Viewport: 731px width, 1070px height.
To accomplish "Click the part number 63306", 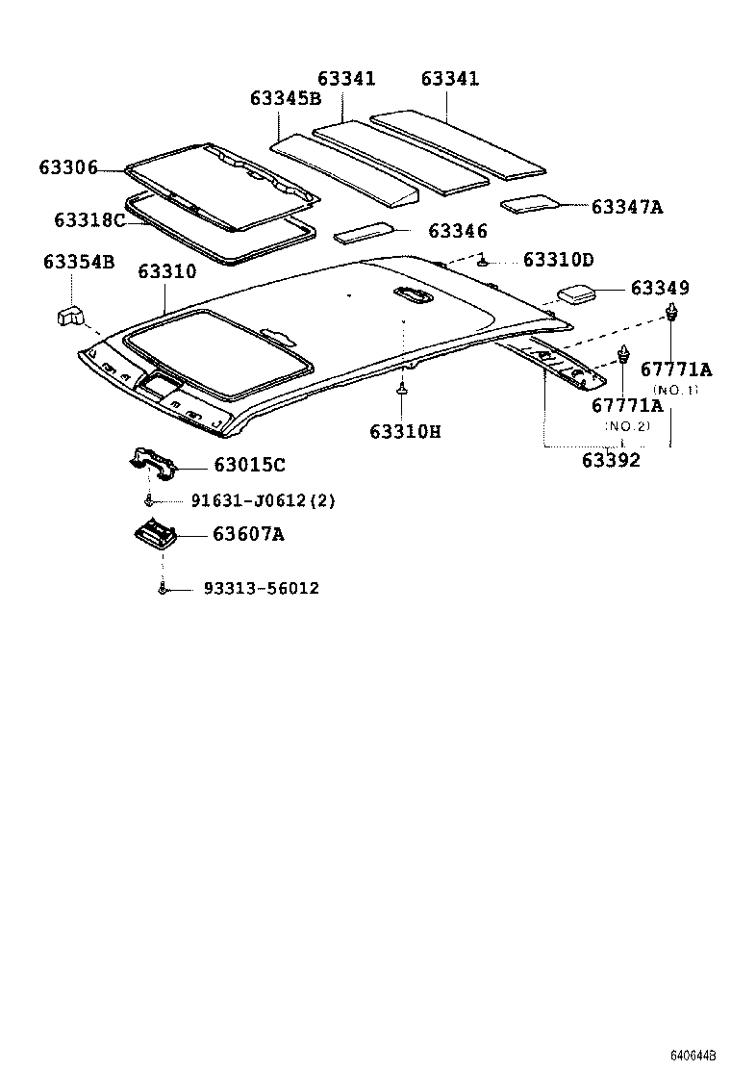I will pyautogui.click(x=68, y=167).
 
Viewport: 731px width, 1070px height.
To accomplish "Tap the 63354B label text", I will pyautogui.click(x=79, y=262).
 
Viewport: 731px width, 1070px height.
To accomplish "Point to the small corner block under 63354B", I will pyautogui.click(x=70, y=315).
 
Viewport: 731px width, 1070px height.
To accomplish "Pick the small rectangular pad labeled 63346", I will pyautogui.click(x=364, y=234).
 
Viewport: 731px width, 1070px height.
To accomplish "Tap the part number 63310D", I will pyautogui.click(x=559, y=260).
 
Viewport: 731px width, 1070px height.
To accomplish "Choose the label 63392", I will pyautogui.click(x=611, y=460).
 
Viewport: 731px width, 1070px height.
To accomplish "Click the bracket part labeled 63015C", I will pyautogui.click(x=153, y=461).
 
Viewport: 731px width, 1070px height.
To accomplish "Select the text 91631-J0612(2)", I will pyautogui.click(x=263, y=500).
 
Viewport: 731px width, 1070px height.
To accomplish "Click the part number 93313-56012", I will pyautogui.click(x=262, y=588).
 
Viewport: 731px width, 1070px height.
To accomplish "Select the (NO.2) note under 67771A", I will pyautogui.click(x=627, y=425).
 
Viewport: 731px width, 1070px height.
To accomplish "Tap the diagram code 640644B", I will pyautogui.click(x=693, y=1056).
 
